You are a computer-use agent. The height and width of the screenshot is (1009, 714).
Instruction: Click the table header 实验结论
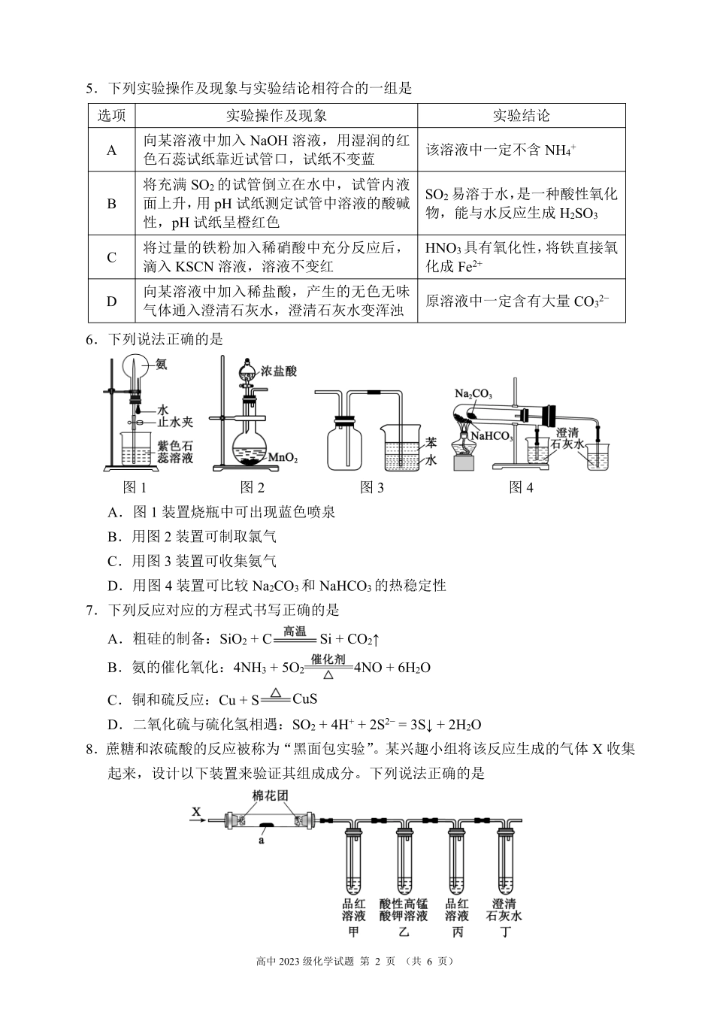pos(521,115)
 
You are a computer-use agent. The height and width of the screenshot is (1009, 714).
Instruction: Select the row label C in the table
pos(111,257)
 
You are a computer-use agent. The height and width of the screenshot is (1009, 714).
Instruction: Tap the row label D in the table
pos(111,301)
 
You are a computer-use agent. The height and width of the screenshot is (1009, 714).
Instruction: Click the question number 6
pos(89,339)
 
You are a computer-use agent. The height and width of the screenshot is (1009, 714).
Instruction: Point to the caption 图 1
pos(135,487)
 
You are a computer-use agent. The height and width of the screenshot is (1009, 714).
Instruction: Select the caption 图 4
pos(521,487)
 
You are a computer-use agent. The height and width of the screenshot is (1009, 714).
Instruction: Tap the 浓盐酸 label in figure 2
pos(279,371)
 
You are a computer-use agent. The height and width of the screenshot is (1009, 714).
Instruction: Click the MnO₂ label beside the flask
pos(283,457)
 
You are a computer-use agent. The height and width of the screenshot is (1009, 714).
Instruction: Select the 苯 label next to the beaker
pos(431,443)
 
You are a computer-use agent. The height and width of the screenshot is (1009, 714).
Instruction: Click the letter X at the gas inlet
pos(197,811)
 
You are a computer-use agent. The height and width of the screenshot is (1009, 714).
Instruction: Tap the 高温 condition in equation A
pos(294,632)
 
